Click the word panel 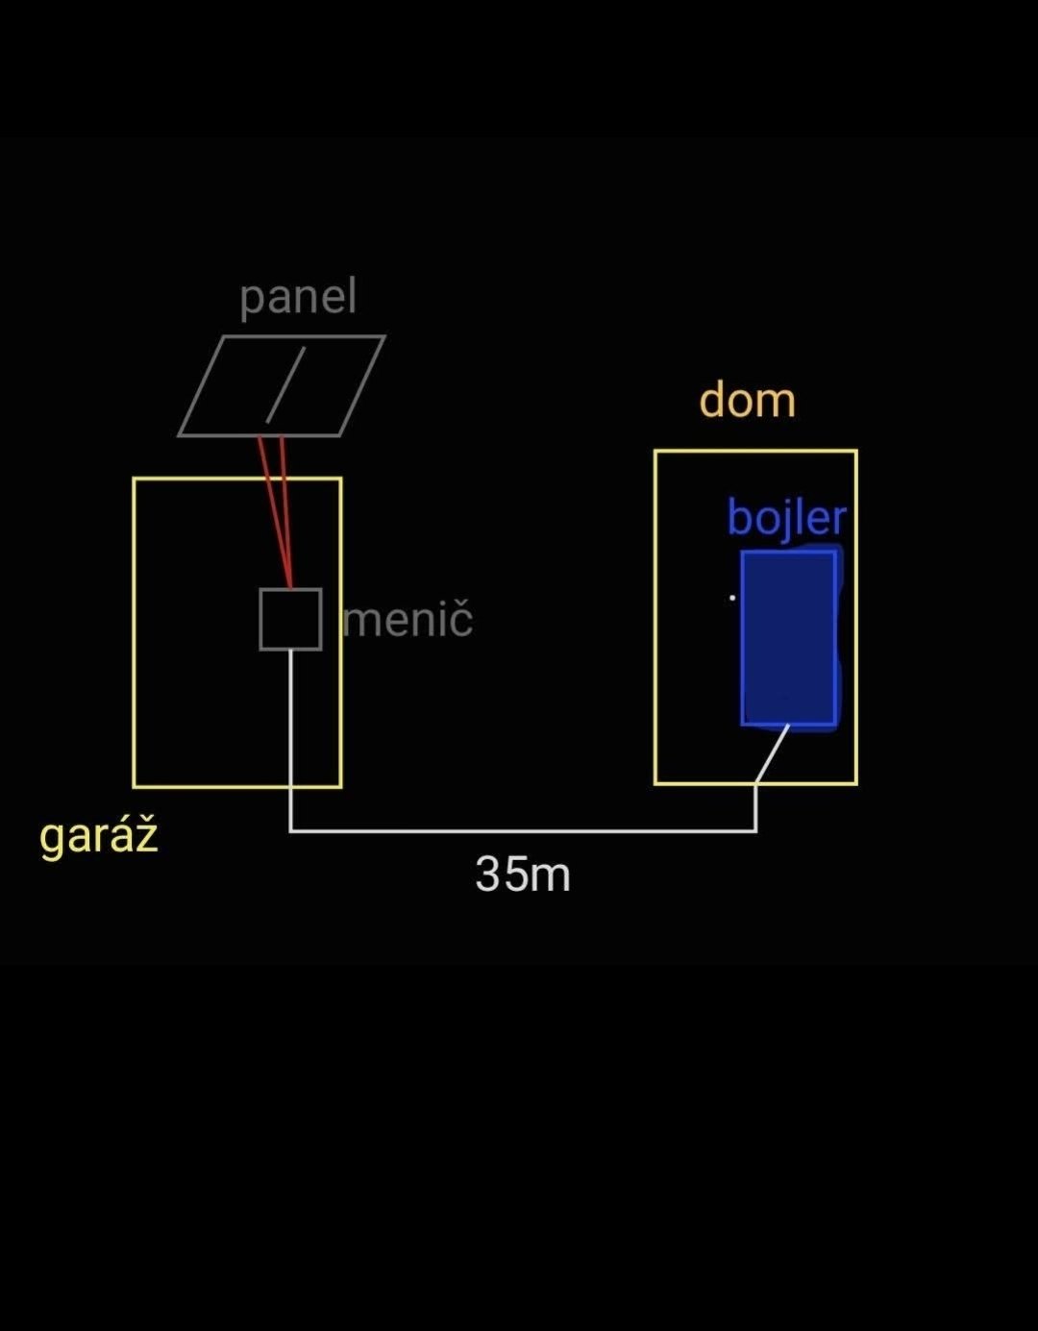pyautogui.click(x=298, y=297)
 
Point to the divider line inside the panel pyautogui.click(x=285, y=385)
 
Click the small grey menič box pyautogui.click(x=290, y=619)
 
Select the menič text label pyautogui.click(x=408, y=619)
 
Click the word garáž pyautogui.click(x=98, y=836)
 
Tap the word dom pyautogui.click(x=747, y=400)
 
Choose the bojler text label pyautogui.click(x=786, y=518)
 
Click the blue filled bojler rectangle pyautogui.click(x=788, y=638)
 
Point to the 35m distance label pyautogui.click(x=523, y=875)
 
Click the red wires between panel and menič pyautogui.click(x=276, y=509)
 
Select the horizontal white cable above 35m pyautogui.click(x=523, y=830)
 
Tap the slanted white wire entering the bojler pyautogui.click(x=772, y=754)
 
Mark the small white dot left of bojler pyautogui.click(x=732, y=598)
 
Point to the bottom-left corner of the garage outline pyautogui.click(x=135, y=786)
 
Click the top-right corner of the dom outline pyautogui.click(x=855, y=451)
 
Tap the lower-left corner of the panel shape pyautogui.click(x=180, y=435)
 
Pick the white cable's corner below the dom pyautogui.click(x=755, y=830)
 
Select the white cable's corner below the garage pyautogui.click(x=290, y=830)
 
